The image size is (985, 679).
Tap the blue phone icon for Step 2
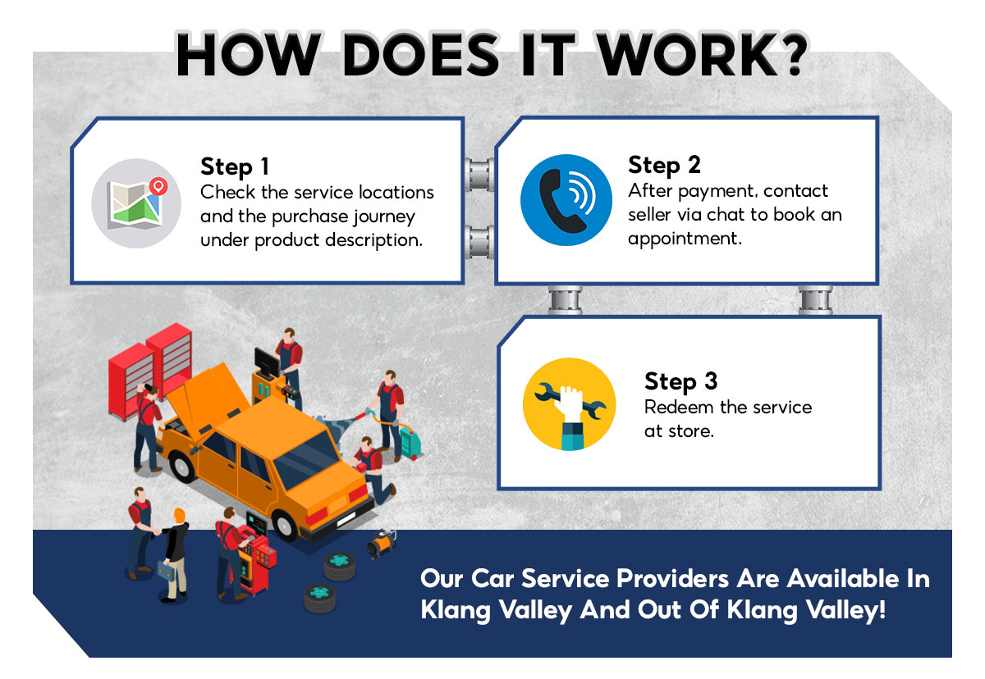click(x=566, y=200)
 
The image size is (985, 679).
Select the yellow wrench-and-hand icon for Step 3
click(x=569, y=404)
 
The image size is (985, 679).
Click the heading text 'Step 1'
click(x=235, y=167)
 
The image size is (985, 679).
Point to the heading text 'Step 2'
click(x=664, y=165)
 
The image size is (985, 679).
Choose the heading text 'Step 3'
click(x=680, y=381)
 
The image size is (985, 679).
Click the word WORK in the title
click(x=657, y=57)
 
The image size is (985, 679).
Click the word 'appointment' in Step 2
click(x=684, y=239)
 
